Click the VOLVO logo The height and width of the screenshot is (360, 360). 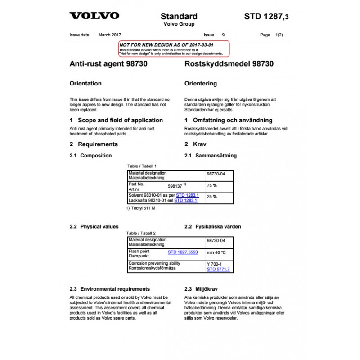click(x=94, y=16)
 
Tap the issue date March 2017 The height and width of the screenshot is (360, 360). click(x=110, y=35)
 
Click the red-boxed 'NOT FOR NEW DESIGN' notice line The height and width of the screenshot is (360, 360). click(x=166, y=45)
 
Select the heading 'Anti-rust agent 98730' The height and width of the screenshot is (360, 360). click(x=108, y=64)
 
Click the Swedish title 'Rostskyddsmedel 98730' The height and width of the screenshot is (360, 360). click(x=229, y=64)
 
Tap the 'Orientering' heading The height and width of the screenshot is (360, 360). click(x=201, y=84)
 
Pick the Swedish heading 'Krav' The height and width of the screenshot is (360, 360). click(x=200, y=144)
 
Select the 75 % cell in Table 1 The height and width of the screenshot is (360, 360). click(x=211, y=185)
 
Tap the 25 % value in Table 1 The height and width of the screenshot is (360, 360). click(x=211, y=197)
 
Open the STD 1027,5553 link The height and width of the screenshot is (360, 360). click(x=183, y=252)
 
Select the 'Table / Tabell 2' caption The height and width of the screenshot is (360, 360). click(x=141, y=234)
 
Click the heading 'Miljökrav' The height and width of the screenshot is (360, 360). click(x=207, y=289)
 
